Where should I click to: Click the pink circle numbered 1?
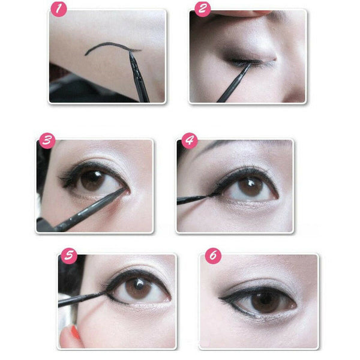pyautogui.click(x=58, y=10)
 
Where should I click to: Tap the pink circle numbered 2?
pyautogui.click(x=202, y=9)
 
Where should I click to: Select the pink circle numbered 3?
pyautogui.click(x=47, y=141)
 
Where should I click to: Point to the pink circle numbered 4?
pyautogui.click(x=189, y=141)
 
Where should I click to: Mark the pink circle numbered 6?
pyautogui.click(x=212, y=256)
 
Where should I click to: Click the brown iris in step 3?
pyautogui.click(x=92, y=179)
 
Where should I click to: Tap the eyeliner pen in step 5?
pyautogui.click(x=81, y=298)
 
